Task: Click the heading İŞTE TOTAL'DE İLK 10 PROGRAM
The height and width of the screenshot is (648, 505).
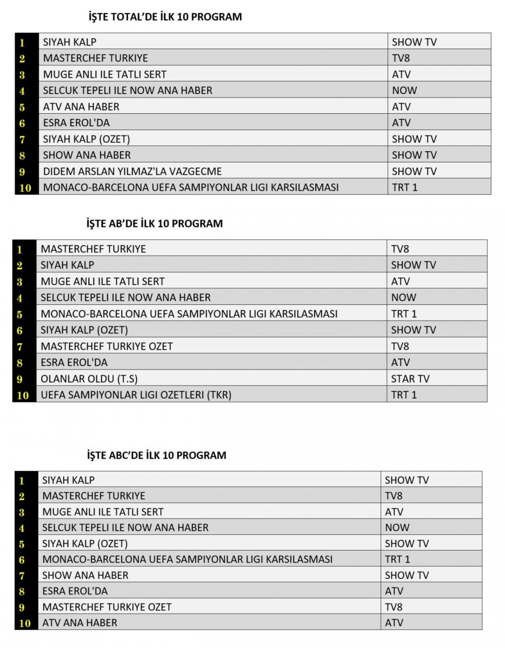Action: coord(165,17)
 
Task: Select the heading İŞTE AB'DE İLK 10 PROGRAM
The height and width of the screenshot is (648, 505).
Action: coord(155,223)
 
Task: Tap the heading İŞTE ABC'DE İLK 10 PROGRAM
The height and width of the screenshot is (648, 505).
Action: coord(157,455)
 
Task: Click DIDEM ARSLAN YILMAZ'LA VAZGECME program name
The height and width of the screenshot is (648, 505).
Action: coord(132,171)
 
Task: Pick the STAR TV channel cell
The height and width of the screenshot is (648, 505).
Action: coord(410,379)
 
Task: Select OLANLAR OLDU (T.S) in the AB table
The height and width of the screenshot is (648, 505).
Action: coord(89,379)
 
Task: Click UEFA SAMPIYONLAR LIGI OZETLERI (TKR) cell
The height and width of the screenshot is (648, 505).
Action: coord(136,395)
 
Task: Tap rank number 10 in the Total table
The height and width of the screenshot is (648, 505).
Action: coord(25,188)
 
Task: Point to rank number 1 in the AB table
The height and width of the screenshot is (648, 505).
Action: coord(20,249)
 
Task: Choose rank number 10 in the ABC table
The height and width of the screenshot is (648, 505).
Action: coord(25,623)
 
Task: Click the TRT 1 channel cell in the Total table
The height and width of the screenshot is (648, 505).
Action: coord(405,188)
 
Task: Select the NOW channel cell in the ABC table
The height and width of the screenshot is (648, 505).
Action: coord(397,528)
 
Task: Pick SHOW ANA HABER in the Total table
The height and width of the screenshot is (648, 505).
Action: coord(87,155)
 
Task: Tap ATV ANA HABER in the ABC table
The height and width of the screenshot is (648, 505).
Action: coord(80,623)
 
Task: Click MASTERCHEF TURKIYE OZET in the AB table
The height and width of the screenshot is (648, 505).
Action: coord(107,346)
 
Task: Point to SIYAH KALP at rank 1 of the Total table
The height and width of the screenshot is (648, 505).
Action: coord(70,42)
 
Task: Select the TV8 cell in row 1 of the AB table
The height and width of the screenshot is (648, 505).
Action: coord(400,249)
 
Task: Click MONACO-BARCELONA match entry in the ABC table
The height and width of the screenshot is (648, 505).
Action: coord(187,559)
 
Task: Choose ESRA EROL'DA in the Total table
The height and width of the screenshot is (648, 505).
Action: coord(76,123)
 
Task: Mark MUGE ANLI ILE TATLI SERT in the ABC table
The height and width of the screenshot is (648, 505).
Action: coord(103,512)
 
